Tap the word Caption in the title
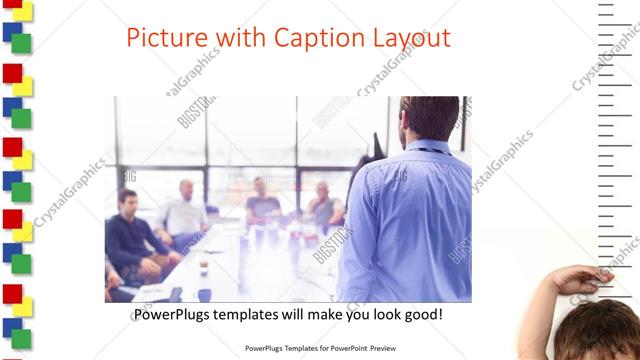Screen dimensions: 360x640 pos(306,39)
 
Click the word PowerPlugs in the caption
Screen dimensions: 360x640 pos(171,315)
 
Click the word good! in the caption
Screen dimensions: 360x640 pos(421,315)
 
